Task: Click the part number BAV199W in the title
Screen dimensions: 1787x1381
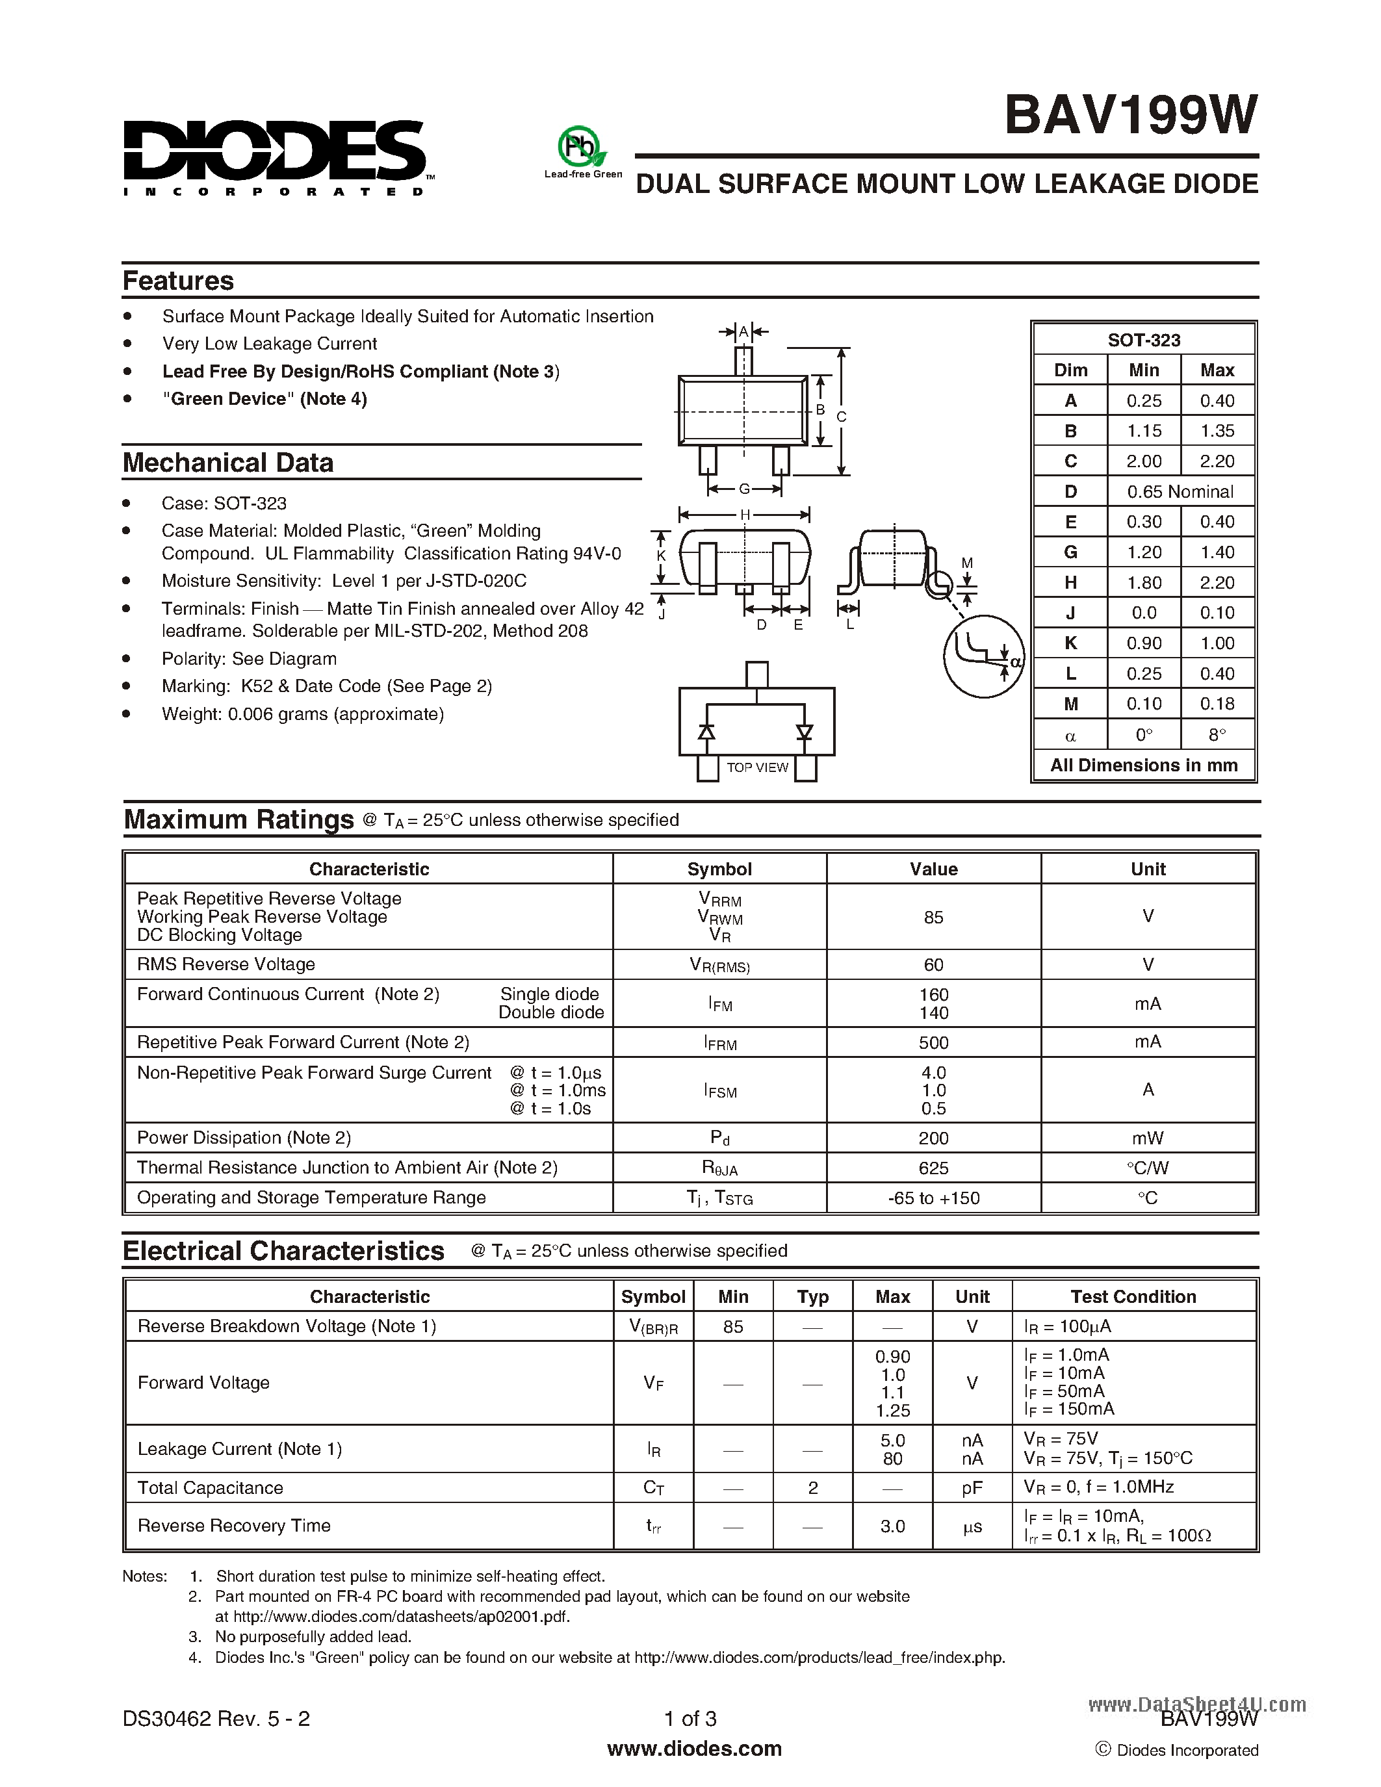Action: point(1131,116)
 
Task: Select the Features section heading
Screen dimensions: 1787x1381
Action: point(178,281)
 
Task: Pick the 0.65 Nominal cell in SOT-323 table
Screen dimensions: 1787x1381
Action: point(1180,492)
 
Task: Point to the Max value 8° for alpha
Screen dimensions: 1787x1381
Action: point(1217,735)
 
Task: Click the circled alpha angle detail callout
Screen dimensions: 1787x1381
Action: point(984,656)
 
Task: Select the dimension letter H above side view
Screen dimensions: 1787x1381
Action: point(745,515)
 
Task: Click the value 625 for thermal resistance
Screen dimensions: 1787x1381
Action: point(933,1168)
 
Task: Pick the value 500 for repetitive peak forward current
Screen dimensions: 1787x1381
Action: point(933,1042)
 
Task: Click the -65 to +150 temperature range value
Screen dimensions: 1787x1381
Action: point(933,1198)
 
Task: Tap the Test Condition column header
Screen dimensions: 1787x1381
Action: point(1133,1297)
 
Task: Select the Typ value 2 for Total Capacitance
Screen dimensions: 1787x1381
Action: point(812,1487)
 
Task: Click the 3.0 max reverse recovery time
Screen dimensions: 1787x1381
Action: point(892,1526)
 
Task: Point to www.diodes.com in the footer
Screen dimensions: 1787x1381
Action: point(694,1749)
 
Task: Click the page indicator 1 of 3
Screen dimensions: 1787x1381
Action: point(690,1718)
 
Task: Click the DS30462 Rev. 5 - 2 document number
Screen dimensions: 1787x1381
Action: point(216,1718)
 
